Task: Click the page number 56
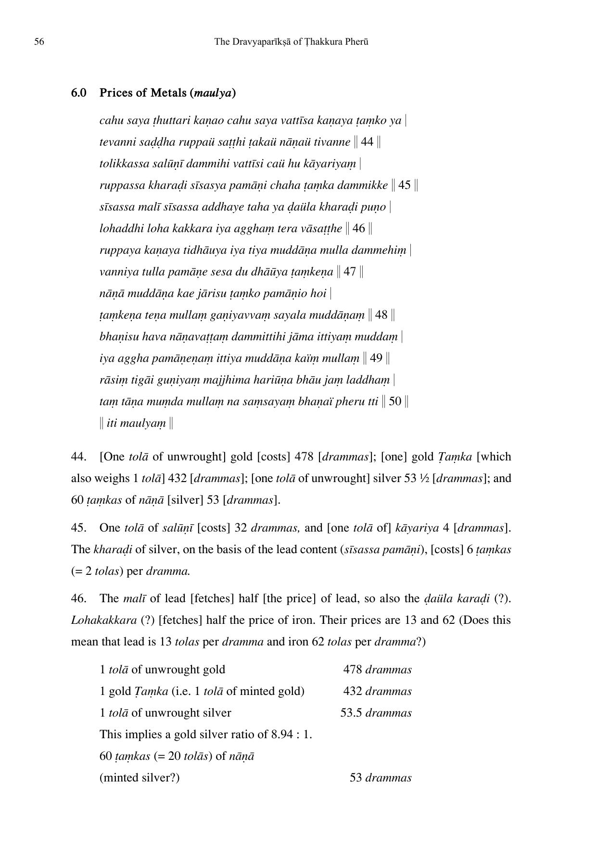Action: click(39, 42)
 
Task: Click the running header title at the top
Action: click(291, 42)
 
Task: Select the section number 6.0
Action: click(79, 93)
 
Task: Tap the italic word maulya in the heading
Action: click(213, 93)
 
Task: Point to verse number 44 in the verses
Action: click(367, 142)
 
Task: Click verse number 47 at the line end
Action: click(350, 272)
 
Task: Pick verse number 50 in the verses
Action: click(395, 401)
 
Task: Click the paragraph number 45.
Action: click(78, 528)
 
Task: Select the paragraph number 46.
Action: click(78, 598)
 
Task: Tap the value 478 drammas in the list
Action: click(377, 669)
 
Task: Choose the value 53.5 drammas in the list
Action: click(376, 713)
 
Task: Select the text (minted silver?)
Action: click(140, 778)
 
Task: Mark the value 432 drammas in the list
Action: click(377, 691)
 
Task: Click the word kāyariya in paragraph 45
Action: click(417, 528)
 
